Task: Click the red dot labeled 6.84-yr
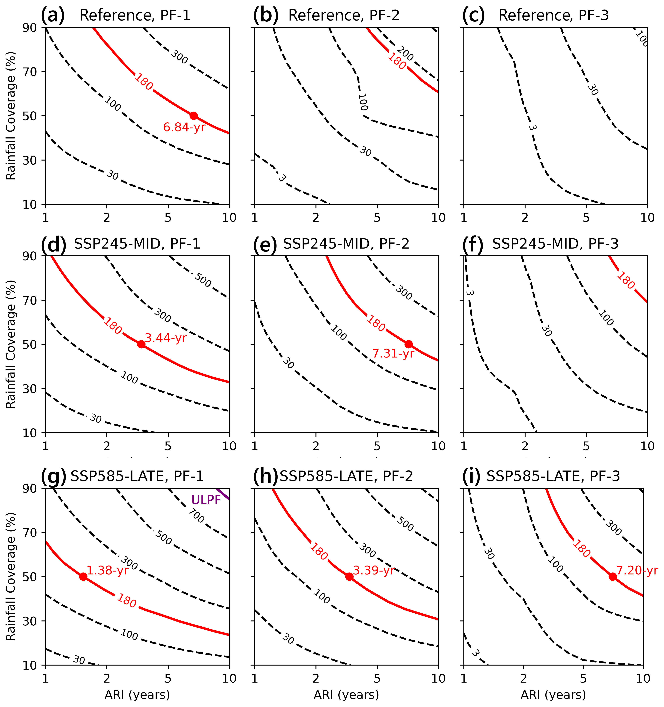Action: tap(194, 116)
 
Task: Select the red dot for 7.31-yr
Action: tap(409, 344)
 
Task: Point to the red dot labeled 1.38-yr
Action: tap(83, 577)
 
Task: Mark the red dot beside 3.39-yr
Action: tap(349, 577)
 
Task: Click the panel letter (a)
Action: tap(53, 16)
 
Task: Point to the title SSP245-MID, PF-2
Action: tap(346, 244)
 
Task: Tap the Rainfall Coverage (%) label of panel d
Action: tap(11, 344)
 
